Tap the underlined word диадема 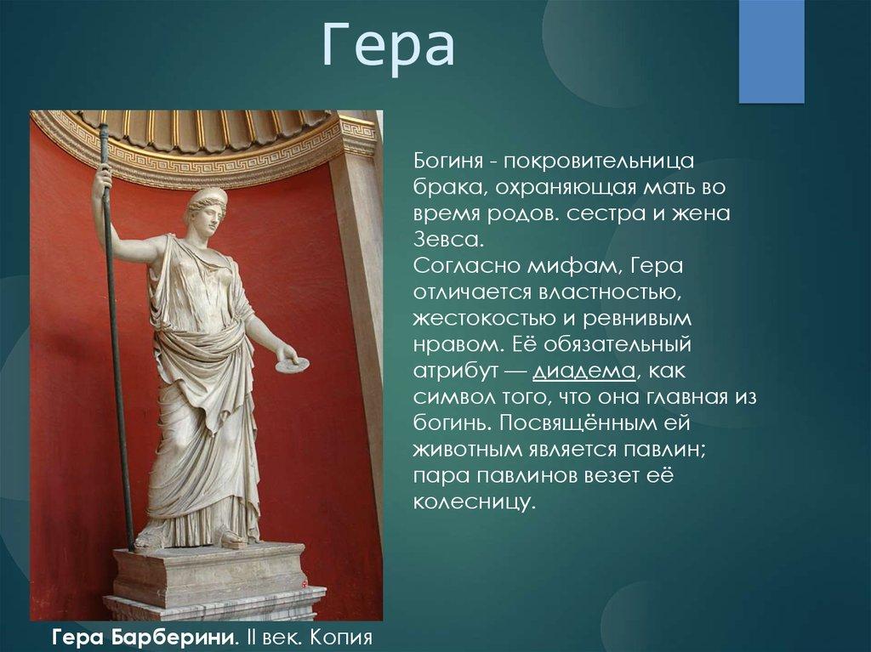pyautogui.click(x=584, y=371)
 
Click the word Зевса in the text pyautogui.click(x=446, y=240)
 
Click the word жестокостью pyautogui.click(x=486, y=319)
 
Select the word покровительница pyautogui.click(x=599, y=162)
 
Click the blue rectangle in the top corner pyautogui.click(x=771, y=51)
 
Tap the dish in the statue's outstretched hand pyautogui.click(x=293, y=365)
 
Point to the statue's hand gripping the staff pyautogui.click(x=102, y=182)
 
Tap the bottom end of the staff pyautogui.click(x=132, y=548)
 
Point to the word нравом pyautogui.click(x=458, y=346)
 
